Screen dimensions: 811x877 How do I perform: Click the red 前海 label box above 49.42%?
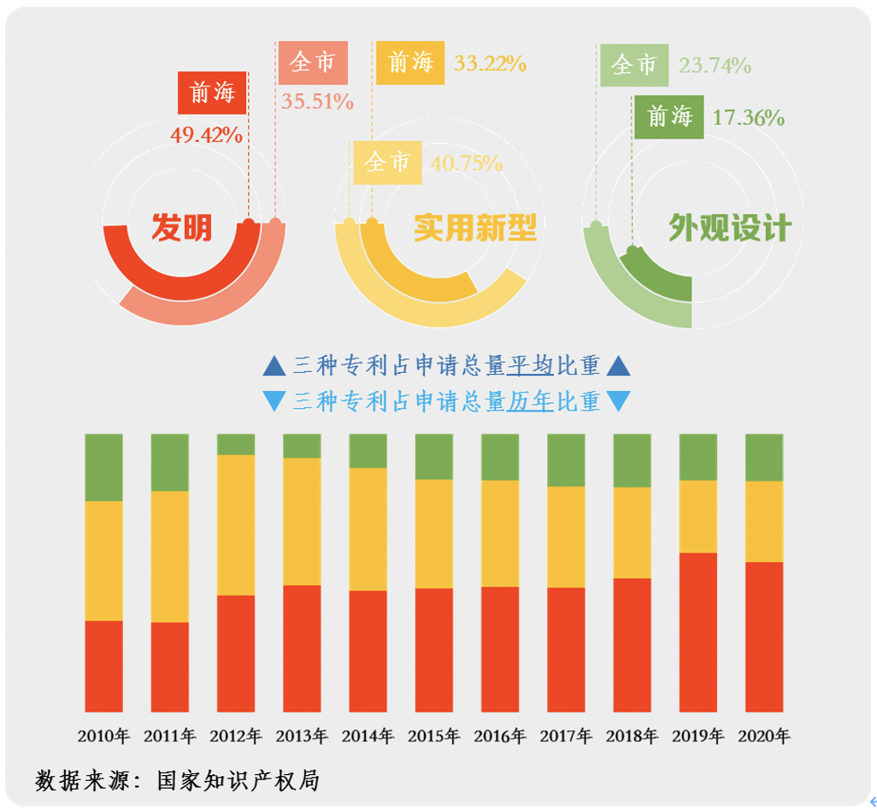coord(212,92)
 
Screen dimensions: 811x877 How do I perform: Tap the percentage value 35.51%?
coord(317,102)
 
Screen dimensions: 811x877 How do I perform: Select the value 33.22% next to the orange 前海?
coord(490,62)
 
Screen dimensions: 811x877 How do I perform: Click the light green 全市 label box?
coord(634,65)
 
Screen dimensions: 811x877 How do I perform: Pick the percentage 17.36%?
coord(749,118)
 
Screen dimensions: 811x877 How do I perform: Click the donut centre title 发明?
coord(181,228)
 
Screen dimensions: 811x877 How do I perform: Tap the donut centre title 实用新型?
coord(474,228)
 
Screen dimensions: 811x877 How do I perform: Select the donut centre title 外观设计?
coord(730,228)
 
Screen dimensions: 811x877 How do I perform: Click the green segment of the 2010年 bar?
coord(103,467)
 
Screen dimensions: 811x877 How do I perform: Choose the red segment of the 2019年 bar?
coord(697,632)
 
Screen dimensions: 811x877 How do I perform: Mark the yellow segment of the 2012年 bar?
coord(236,524)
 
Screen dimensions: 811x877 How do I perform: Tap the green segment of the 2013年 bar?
coord(302,446)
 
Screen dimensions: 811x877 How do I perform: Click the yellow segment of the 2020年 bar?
coord(764,521)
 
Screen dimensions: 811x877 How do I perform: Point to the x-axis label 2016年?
coord(500,736)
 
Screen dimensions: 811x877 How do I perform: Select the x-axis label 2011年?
coord(169,736)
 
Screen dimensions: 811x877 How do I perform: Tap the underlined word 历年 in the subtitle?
coord(530,400)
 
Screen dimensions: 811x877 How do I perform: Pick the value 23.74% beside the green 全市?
coord(715,65)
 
